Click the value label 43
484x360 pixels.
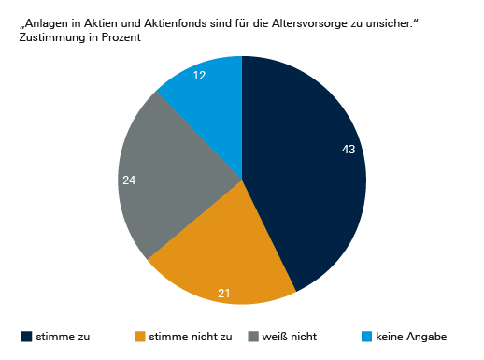[349, 150]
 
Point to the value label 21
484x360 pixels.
[224, 294]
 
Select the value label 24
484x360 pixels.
[130, 180]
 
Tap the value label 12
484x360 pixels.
[200, 76]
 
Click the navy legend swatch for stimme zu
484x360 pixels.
[26, 337]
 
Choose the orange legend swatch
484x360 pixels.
[140, 337]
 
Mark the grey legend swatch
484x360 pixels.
[253, 337]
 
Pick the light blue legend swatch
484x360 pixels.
[366, 337]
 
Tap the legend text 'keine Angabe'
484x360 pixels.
[411, 337]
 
